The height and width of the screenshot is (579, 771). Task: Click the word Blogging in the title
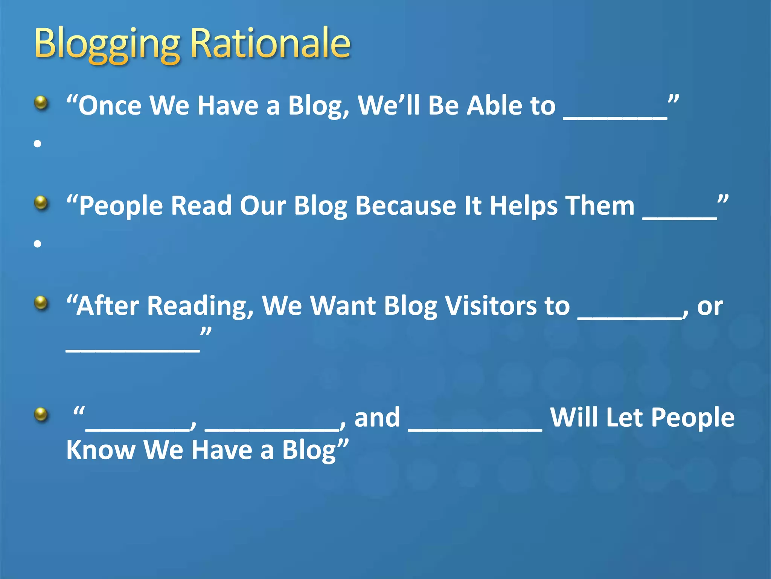[x=107, y=44]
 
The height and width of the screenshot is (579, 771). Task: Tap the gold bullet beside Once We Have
[x=41, y=103]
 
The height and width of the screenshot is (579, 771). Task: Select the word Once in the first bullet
[x=110, y=106]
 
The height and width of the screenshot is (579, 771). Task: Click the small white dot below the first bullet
[x=37, y=144]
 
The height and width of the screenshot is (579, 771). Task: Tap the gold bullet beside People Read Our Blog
[x=41, y=203]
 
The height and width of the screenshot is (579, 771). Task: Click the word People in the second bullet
[x=120, y=206]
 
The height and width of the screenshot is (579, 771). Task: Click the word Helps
[x=524, y=206]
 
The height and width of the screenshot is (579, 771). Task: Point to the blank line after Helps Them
[x=679, y=218]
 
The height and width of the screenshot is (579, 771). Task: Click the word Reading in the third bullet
[x=200, y=306]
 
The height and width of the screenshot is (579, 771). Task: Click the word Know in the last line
[x=101, y=450]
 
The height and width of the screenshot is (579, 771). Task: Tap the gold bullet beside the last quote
[x=41, y=415]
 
